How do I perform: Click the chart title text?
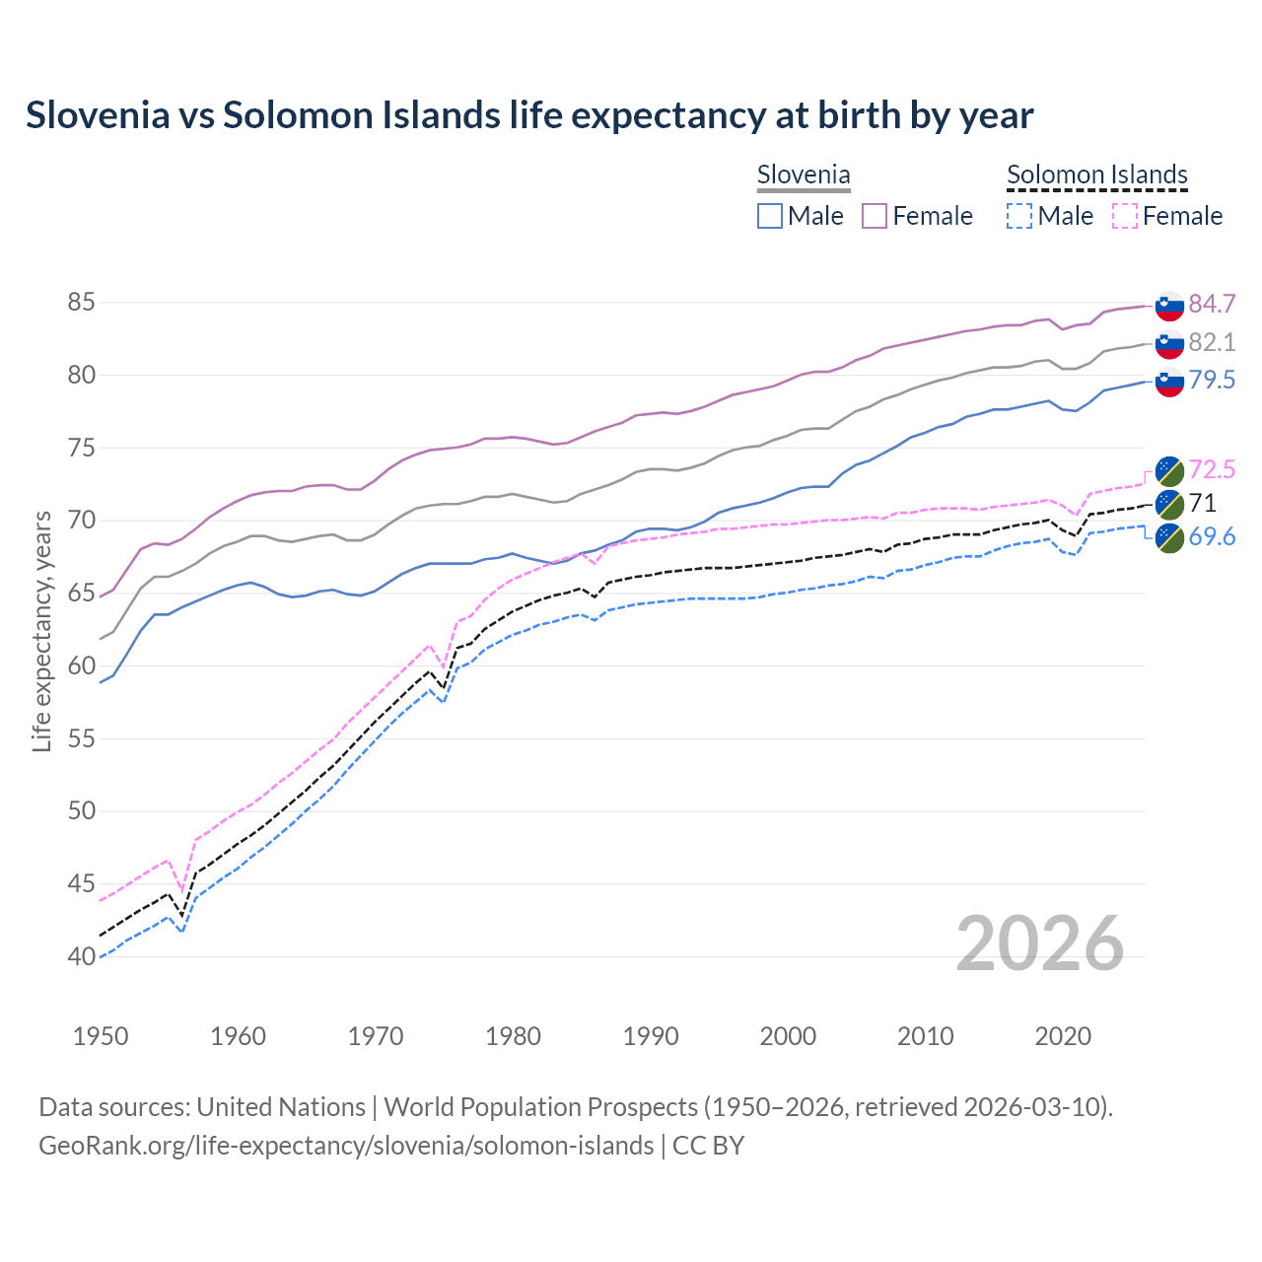click(529, 115)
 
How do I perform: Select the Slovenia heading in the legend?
click(803, 175)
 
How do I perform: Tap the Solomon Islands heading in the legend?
click(1096, 175)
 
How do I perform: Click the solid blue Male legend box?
click(770, 216)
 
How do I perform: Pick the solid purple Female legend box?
click(875, 216)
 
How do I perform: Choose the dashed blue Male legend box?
click(1019, 216)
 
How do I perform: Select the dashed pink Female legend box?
click(1124, 216)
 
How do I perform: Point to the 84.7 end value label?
click(1212, 304)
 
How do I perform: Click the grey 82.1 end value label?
click(1212, 342)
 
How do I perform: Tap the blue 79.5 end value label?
click(1212, 380)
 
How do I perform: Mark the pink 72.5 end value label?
click(1212, 469)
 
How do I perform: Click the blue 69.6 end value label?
click(1212, 536)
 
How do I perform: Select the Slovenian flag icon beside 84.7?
click(1169, 306)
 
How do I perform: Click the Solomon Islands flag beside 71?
click(1169, 504)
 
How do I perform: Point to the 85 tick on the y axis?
click(81, 303)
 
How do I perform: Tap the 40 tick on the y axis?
click(81, 956)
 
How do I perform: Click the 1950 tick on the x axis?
click(101, 1036)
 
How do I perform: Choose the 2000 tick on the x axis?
click(788, 1036)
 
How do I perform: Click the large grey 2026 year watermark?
click(1039, 944)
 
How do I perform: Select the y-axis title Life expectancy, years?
click(41, 631)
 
